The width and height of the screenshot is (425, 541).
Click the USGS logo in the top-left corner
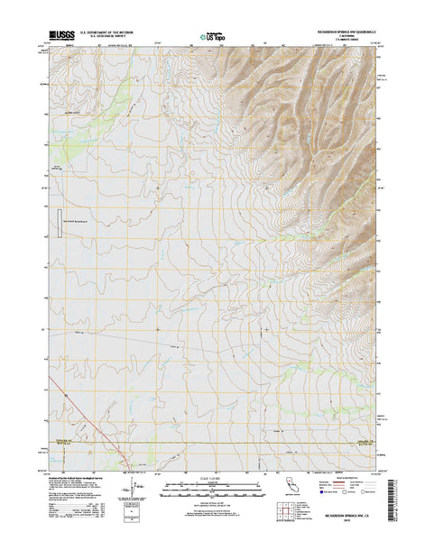67,36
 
